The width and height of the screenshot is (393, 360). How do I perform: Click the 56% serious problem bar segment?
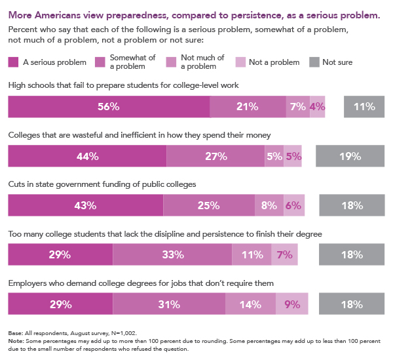(x=109, y=107)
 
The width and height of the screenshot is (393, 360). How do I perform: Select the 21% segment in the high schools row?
(x=248, y=107)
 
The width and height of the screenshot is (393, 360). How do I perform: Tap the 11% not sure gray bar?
(x=364, y=107)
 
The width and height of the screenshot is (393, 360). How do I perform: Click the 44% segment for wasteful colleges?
(x=87, y=156)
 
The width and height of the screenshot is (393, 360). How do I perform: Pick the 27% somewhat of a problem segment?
(x=215, y=156)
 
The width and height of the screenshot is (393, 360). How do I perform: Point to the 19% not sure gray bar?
(x=350, y=156)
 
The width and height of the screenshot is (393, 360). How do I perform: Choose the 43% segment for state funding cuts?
(x=86, y=205)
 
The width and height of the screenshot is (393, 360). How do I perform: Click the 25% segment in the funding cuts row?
(x=209, y=205)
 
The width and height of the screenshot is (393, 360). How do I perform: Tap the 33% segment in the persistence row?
(x=172, y=254)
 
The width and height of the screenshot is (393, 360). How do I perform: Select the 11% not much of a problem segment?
(x=252, y=254)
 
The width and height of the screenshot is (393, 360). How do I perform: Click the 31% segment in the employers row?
(x=169, y=304)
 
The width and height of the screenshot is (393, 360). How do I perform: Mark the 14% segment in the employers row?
(x=250, y=304)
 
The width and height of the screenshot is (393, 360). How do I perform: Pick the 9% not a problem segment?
(x=292, y=304)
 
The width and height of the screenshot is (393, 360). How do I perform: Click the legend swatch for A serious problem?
(x=13, y=62)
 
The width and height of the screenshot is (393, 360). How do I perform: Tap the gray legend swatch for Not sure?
(x=314, y=62)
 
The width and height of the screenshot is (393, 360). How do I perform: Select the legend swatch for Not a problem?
(x=240, y=62)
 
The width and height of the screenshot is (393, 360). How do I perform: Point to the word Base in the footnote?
(x=15, y=333)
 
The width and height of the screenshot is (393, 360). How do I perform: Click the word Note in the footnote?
(x=16, y=341)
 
